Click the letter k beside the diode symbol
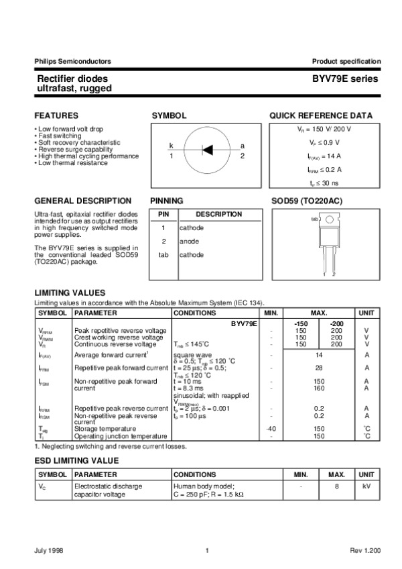172,146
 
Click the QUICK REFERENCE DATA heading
321,115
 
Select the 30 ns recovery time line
324,183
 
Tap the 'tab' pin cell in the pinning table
163,254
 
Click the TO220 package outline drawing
328,242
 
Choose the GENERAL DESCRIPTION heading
82,201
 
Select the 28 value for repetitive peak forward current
320,368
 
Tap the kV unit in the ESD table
366,484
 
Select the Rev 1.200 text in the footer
365,551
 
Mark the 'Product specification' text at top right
346,61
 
